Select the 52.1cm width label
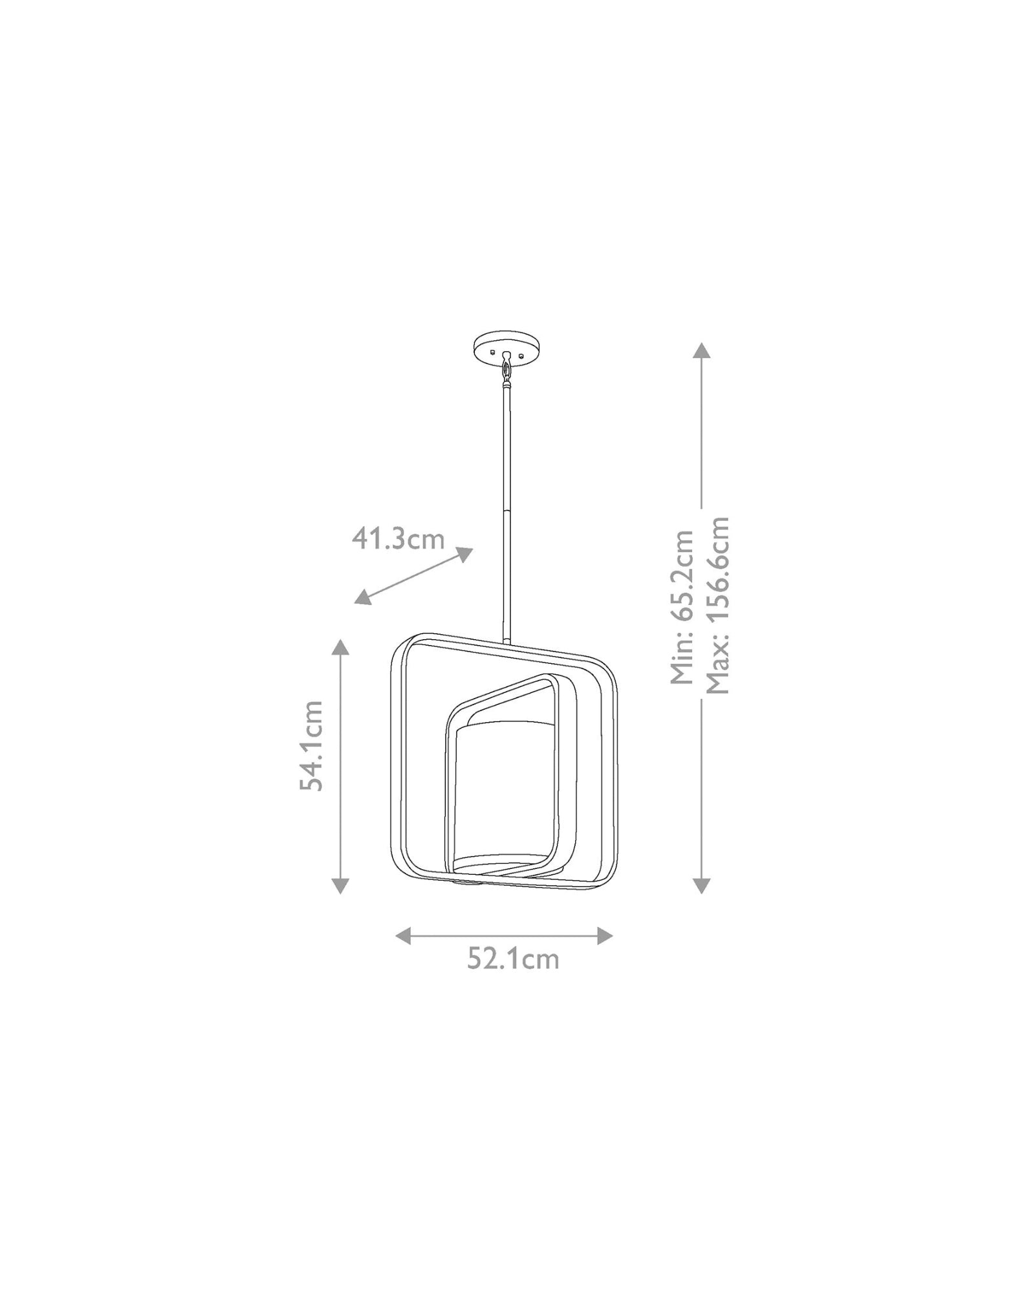(x=513, y=977)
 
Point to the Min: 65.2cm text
(x=682, y=607)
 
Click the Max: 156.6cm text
(x=717, y=606)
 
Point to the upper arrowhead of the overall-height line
(x=702, y=350)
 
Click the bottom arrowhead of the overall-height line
(x=702, y=885)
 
